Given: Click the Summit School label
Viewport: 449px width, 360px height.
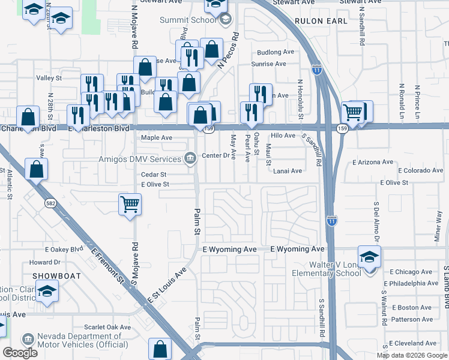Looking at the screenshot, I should pyautogui.click(x=188, y=20).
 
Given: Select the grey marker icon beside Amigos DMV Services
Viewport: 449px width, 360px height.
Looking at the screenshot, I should pyautogui.click(x=190, y=159).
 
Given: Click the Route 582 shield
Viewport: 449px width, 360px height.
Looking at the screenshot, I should pyautogui.click(x=51, y=204).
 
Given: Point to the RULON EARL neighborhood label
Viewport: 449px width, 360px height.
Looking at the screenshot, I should pyautogui.click(x=321, y=20).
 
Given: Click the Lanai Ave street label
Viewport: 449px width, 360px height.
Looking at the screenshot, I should pyautogui.click(x=288, y=171).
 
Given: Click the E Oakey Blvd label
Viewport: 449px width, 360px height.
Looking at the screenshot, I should pyautogui.click(x=64, y=249).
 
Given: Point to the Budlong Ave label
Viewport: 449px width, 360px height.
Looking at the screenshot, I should pyautogui.click(x=276, y=52).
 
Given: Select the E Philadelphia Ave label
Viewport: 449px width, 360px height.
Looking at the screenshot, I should pyautogui.click(x=414, y=283).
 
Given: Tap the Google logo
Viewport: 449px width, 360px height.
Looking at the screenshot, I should pyautogui.click(x=20, y=353).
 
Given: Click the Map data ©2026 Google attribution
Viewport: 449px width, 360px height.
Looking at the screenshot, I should pyautogui.click(x=412, y=355).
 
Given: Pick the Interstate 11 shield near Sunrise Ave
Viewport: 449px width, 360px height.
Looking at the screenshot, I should pyautogui.click(x=316, y=70).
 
